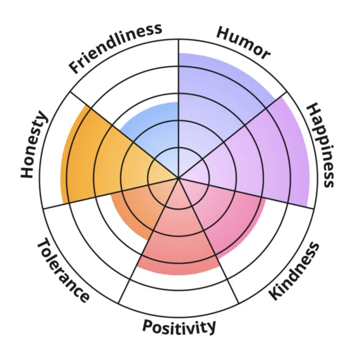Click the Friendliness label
click(x=115, y=48)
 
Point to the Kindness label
click(x=294, y=271)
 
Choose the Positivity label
click(x=179, y=327)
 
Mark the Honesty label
click(x=34, y=144)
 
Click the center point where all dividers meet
click(x=178, y=178)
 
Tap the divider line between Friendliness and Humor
click(x=178, y=109)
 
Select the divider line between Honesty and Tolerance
click(x=111, y=193)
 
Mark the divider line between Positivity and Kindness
click(x=208, y=240)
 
